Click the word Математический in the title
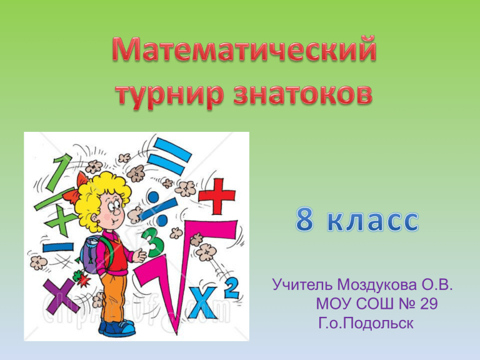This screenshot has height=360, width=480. [244, 49]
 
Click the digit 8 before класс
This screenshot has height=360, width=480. [304, 219]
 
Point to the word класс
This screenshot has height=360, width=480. [372, 221]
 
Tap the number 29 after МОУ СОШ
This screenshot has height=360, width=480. [429, 304]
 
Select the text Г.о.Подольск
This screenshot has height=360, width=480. [366, 323]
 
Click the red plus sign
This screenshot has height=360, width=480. [217, 196]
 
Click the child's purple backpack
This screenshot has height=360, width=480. [92, 256]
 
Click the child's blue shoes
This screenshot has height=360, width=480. [117, 328]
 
